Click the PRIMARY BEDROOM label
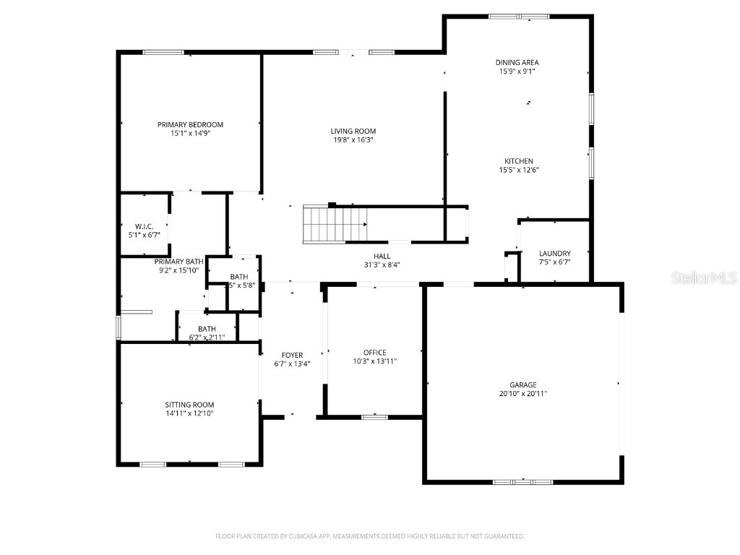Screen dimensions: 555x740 (190, 124)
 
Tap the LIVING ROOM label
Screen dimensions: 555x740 (353, 131)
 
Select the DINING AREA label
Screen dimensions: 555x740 (517, 63)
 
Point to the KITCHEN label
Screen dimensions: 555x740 (519, 161)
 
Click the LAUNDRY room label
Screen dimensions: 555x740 (555, 253)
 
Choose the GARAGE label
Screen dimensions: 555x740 (522, 384)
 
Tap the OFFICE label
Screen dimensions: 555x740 (374, 353)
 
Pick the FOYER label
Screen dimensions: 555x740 (292, 355)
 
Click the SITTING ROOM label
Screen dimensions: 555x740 (189, 405)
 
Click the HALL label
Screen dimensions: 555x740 (382, 256)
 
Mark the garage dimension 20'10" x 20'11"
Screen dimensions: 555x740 (522, 394)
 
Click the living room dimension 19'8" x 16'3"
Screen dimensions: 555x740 (353, 140)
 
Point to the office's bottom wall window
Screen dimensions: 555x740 (374, 416)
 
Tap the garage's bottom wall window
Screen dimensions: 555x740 (522, 481)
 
